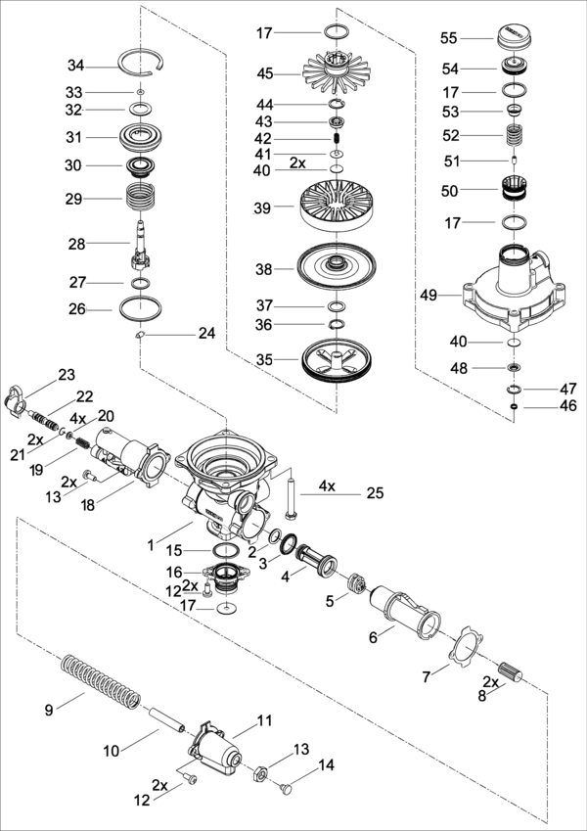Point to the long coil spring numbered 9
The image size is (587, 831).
click(101, 681)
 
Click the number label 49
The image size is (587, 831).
click(429, 296)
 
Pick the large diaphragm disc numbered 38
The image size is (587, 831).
click(337, 265)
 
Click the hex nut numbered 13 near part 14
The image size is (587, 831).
click(260, 770)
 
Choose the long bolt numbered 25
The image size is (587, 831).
click(291, 494)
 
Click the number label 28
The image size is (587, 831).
click(77, 244)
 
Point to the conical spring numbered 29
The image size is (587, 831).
click(141, 197)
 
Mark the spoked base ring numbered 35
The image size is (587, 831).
click(337, 361)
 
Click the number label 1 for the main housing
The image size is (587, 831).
click(151, 544)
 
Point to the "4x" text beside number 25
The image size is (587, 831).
click(327, 486)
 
